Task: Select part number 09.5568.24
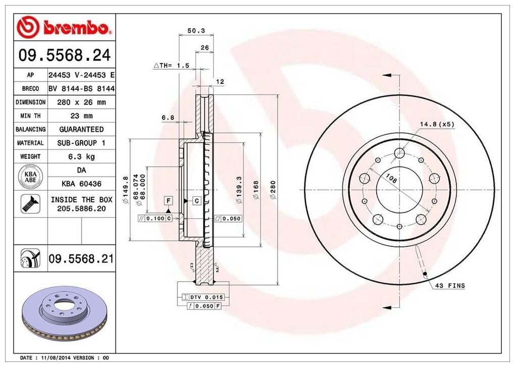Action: point(65,55)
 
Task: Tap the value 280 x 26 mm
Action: point(81,102)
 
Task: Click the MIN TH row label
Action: point(30,116)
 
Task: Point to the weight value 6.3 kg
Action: point(81,156)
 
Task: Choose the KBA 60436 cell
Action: point(81,184)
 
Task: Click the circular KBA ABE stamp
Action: point(30,177)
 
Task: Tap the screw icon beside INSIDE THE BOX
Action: point(30,203)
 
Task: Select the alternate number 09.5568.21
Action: point(81,259)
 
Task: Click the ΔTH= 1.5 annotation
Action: point(171,66)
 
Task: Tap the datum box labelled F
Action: point(168,201)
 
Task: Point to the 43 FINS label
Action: point(449,286)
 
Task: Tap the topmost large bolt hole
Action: point(399,153)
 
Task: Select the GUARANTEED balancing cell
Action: point(81,130)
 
